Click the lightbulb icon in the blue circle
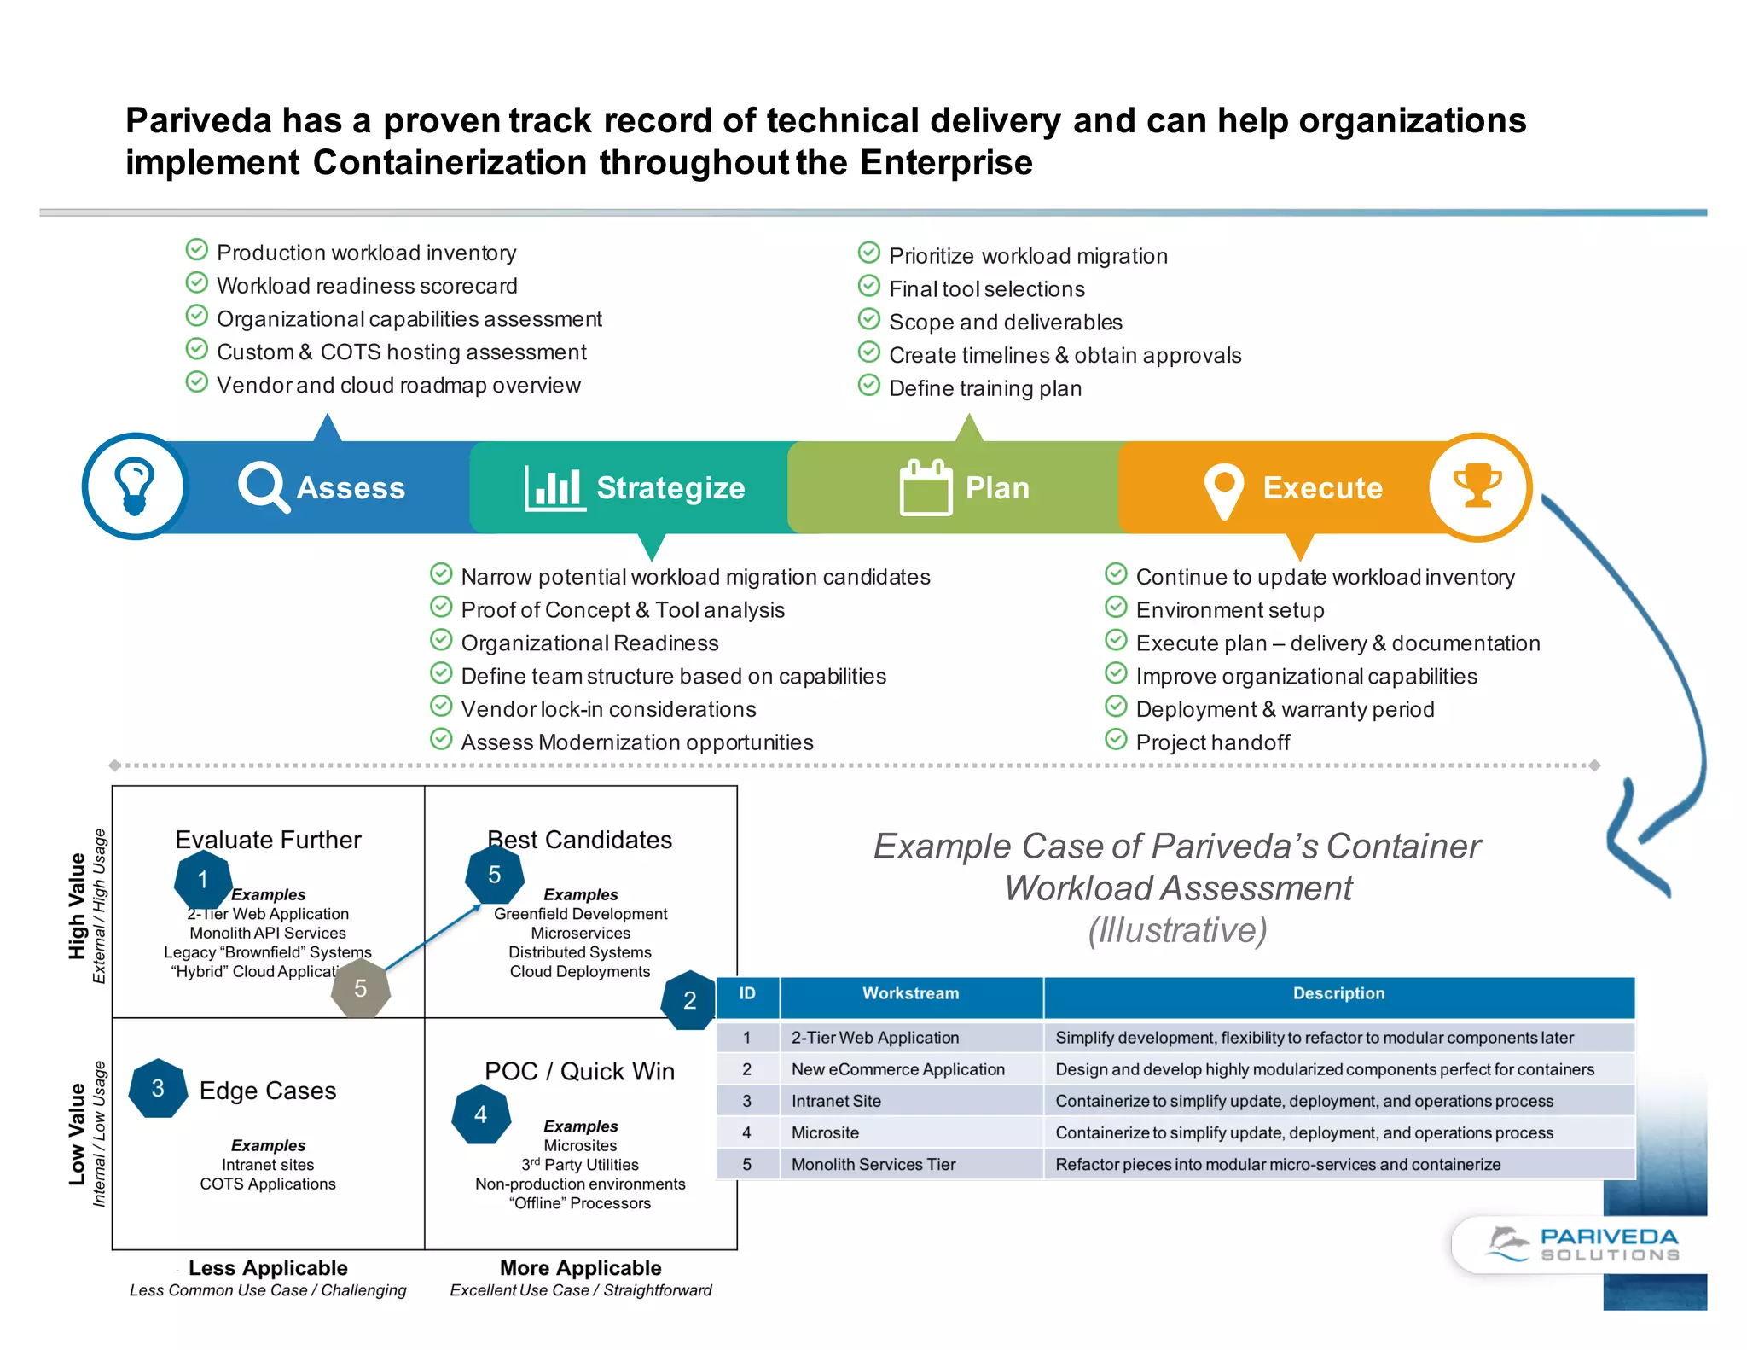135,486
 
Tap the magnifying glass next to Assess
262,486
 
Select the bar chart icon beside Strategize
554,488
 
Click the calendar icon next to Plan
926,487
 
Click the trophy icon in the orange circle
1477,486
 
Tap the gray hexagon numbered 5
361,988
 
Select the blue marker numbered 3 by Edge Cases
158,1089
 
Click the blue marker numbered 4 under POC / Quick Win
481,1114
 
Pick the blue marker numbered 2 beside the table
689,1000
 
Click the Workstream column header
910,993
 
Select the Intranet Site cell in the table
836,1101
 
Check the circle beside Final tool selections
868,286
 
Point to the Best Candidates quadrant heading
580,840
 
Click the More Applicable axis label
580,1268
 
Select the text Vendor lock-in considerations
608,709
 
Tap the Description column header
1338,993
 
